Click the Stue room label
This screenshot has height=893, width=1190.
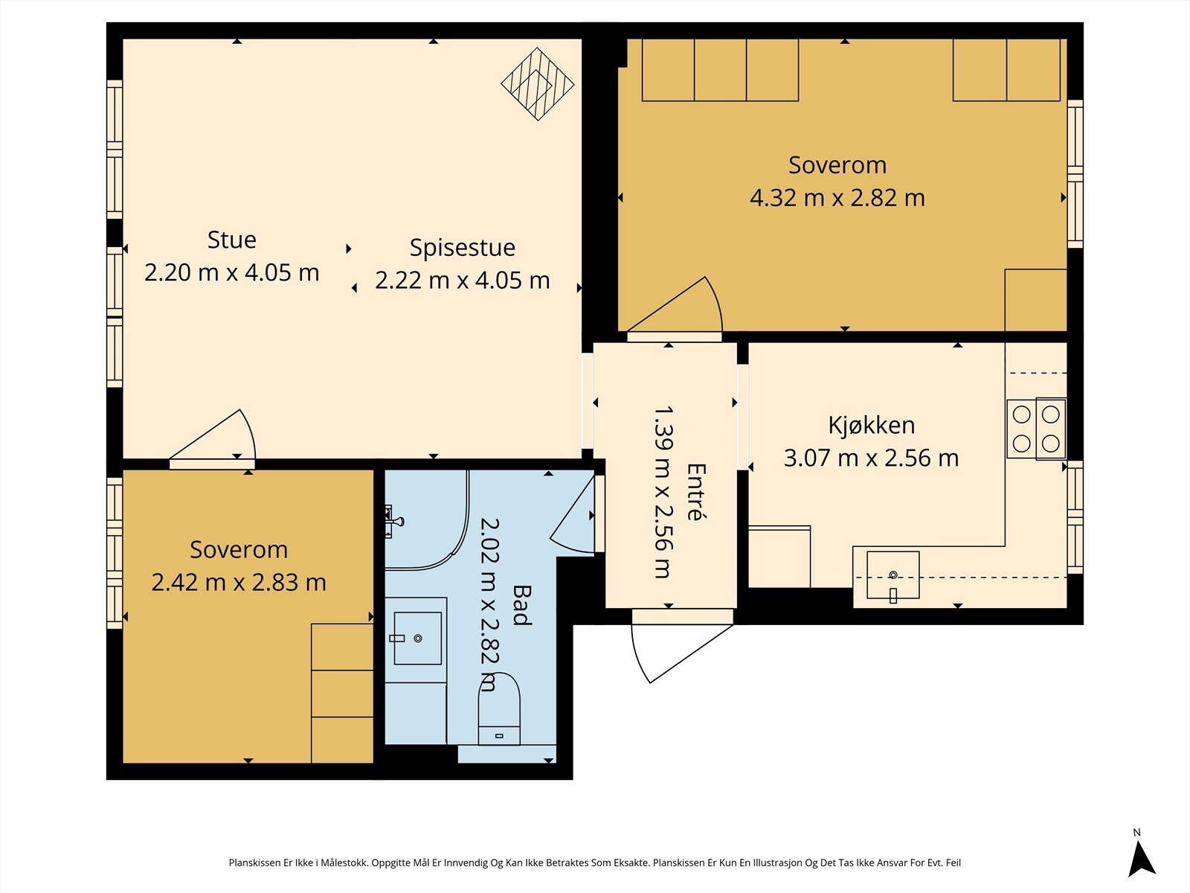tap(231, 240)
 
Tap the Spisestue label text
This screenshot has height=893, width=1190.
tap(462, 248)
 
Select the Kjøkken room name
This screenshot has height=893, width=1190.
tap(871, 425)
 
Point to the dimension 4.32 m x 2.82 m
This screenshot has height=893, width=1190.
tap(837, 198)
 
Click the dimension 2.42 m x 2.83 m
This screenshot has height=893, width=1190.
tap(239, 583)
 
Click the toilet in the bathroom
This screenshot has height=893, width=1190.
tap(499, 708)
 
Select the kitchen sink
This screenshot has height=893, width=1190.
tap(893, 575)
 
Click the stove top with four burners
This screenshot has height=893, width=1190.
tap(1037, 429)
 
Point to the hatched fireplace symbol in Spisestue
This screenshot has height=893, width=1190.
tap(537, 84)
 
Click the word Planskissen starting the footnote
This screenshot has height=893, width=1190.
tap(255, 863)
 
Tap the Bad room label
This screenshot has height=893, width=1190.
tap(521, 605)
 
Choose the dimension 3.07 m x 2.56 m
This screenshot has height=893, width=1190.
tap(871, 458)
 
